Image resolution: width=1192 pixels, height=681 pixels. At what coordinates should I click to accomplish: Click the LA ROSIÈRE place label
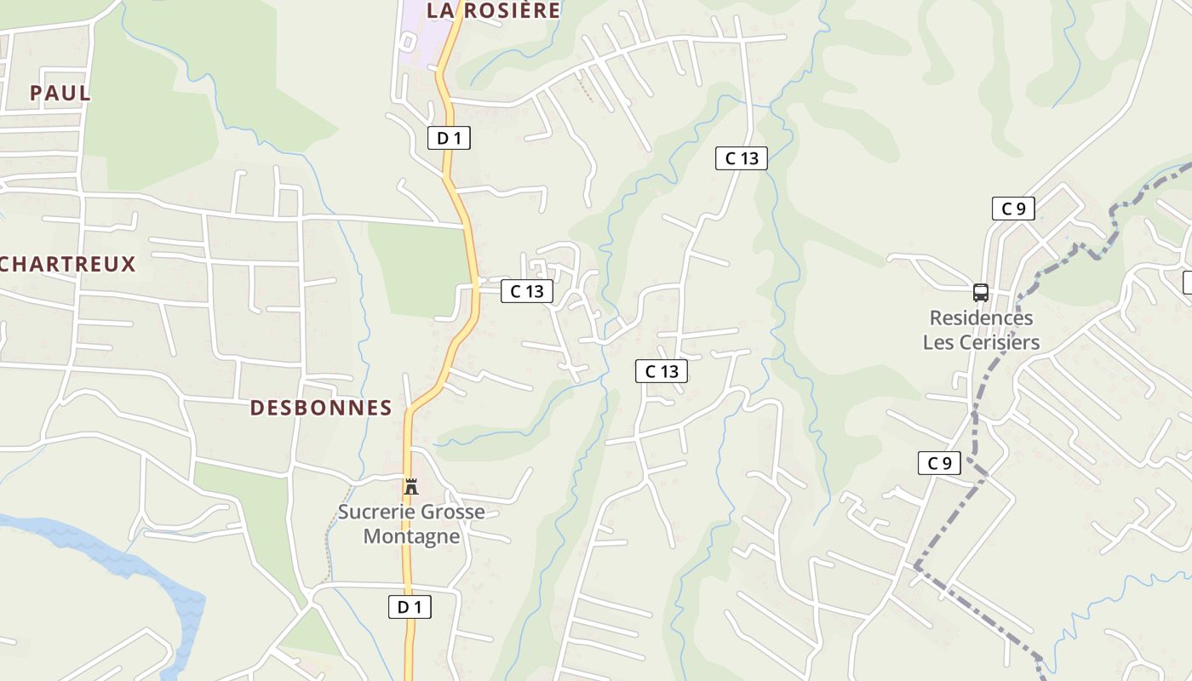[x=493, y=10]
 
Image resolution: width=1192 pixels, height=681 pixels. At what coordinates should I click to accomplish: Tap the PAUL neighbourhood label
[x=60, y=93]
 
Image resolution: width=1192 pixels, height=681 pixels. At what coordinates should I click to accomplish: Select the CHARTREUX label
[x=67, y=264]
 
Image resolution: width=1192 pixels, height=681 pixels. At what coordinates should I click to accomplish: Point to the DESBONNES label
[x=321, y=408]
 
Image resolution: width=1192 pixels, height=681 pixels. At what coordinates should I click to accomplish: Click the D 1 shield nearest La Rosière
[x=449, y=138]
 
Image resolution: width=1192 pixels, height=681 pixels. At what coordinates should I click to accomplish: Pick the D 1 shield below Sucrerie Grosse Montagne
[x=410, y=607]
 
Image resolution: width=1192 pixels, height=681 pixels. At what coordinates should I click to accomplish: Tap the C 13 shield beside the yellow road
[x=527, y=291]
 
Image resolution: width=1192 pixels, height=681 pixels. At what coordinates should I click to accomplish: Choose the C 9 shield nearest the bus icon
[x=1013, y=209]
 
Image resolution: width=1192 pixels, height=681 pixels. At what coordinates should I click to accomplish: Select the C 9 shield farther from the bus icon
[x=939, y=463]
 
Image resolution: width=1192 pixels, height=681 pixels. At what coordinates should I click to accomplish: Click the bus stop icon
[x=981, y=293]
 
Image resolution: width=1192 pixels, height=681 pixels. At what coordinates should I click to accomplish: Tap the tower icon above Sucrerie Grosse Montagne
[x=411, y=487]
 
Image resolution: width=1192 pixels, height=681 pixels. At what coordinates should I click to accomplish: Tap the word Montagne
[x=411, y=536]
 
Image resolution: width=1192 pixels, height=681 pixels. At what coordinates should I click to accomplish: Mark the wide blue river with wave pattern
[x=128, y=566]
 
